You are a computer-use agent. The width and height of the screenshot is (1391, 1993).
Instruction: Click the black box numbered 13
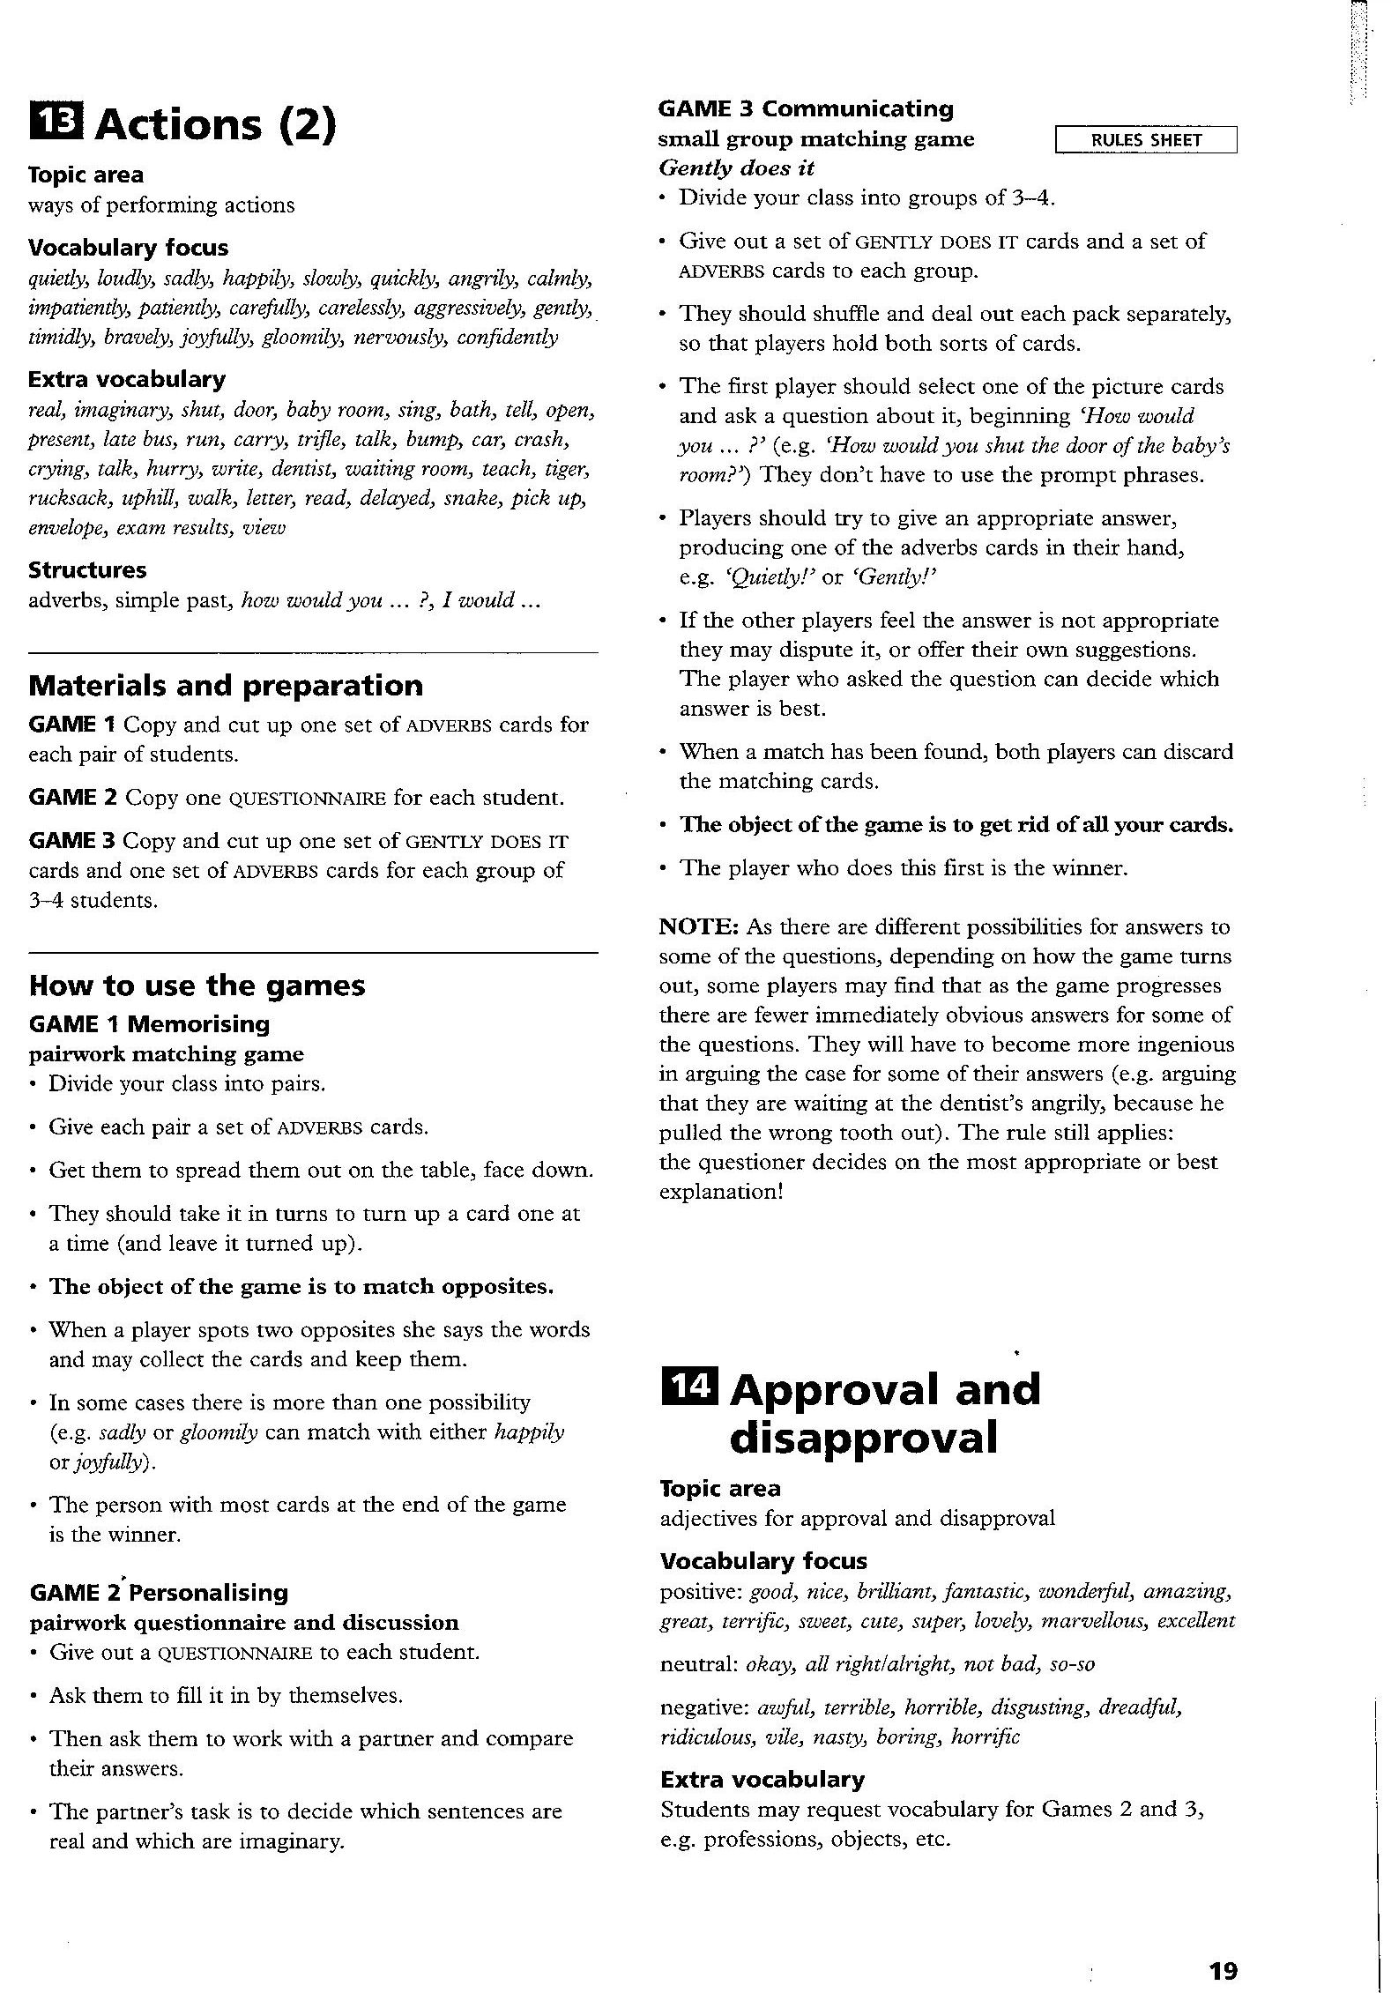[x=56, y=123]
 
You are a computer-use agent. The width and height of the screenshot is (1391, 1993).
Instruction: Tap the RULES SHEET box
[x=1145, y=140]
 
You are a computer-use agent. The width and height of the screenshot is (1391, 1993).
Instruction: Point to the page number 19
[x=1223, y=1945]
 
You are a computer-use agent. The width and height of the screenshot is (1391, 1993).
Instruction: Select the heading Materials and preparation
[x=226, y=685]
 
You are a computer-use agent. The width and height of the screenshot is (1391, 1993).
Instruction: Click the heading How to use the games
[x=197, y=985]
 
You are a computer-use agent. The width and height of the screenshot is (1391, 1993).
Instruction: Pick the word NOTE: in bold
[x=699, y=926]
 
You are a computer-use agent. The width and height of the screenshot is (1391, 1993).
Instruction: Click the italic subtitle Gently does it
[x=736, y=167]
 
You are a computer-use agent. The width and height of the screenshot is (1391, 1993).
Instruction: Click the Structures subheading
[x=87, y=569]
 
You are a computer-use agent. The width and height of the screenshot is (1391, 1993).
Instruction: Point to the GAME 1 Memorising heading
[x=149, y=1023]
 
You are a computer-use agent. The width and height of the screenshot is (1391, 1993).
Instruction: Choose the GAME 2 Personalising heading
[x=159, y=1592]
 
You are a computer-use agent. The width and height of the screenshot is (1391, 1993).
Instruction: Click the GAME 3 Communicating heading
[x=806, y=108]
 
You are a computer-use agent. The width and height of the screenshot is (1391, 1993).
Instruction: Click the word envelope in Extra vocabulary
[x=66, y=527]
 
